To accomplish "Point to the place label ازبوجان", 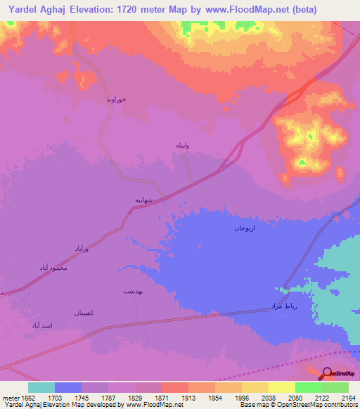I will pos(243,228).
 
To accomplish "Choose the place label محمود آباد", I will pos(53,268).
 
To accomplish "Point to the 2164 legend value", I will pos(348,397).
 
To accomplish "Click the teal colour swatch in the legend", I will pos(41,387).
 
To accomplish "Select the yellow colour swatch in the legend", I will pos(282,387).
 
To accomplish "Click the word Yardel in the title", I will pos(25,10).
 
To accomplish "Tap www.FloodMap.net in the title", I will pos(245,10).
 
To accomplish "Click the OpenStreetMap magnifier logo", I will pos(328,373).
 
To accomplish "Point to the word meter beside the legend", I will pos(11,397).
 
